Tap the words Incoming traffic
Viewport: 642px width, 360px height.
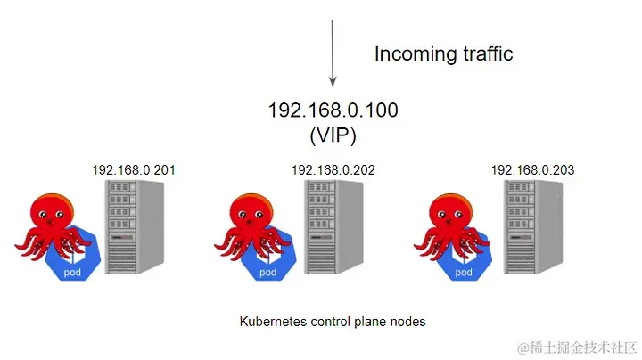click(443, 53)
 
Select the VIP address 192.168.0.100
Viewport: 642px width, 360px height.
click(333, 110)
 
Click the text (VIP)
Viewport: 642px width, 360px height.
click(333, 135)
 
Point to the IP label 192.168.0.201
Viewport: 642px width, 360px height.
click(133, 169)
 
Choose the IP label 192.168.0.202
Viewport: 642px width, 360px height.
click(332, 169)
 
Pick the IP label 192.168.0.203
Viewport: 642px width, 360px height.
click(531, 169)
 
